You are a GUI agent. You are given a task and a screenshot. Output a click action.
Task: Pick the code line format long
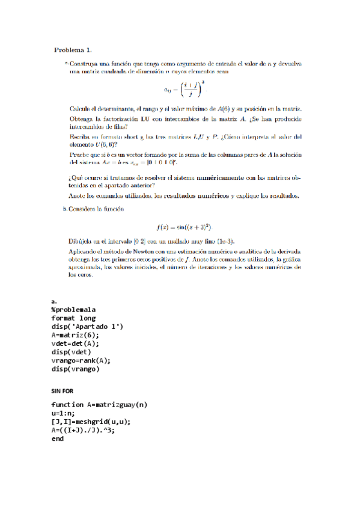tap(73, 318)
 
